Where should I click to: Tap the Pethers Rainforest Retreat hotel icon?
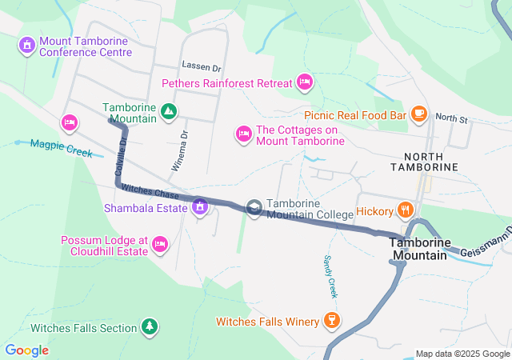304,82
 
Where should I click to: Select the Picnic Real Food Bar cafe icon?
418,114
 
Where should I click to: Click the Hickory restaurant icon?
406,211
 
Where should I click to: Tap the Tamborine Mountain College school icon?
254,209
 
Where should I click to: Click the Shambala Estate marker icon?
199,208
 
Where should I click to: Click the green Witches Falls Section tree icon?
149,327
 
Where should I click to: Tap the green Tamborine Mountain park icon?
169,112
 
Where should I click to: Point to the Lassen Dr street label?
200,66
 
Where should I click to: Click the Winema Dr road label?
179,151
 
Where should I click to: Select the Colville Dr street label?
121,157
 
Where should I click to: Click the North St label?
451,118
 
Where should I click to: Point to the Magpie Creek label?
61,148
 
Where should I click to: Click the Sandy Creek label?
330,277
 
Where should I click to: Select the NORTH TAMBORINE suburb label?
424,161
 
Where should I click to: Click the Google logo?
26,350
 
